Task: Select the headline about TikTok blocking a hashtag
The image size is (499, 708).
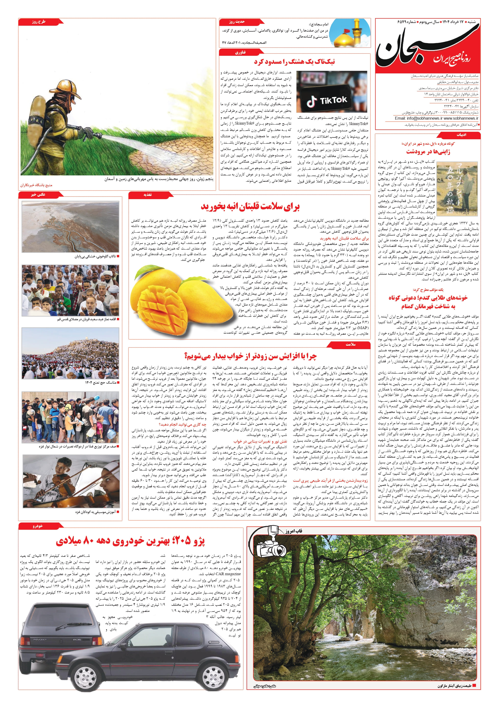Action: tap(294, 62)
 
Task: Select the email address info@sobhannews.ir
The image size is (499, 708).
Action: tap(418, 118)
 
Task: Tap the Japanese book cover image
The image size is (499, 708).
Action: tap(457, 189)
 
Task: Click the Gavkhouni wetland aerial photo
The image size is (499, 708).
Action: tap(70, 227)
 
